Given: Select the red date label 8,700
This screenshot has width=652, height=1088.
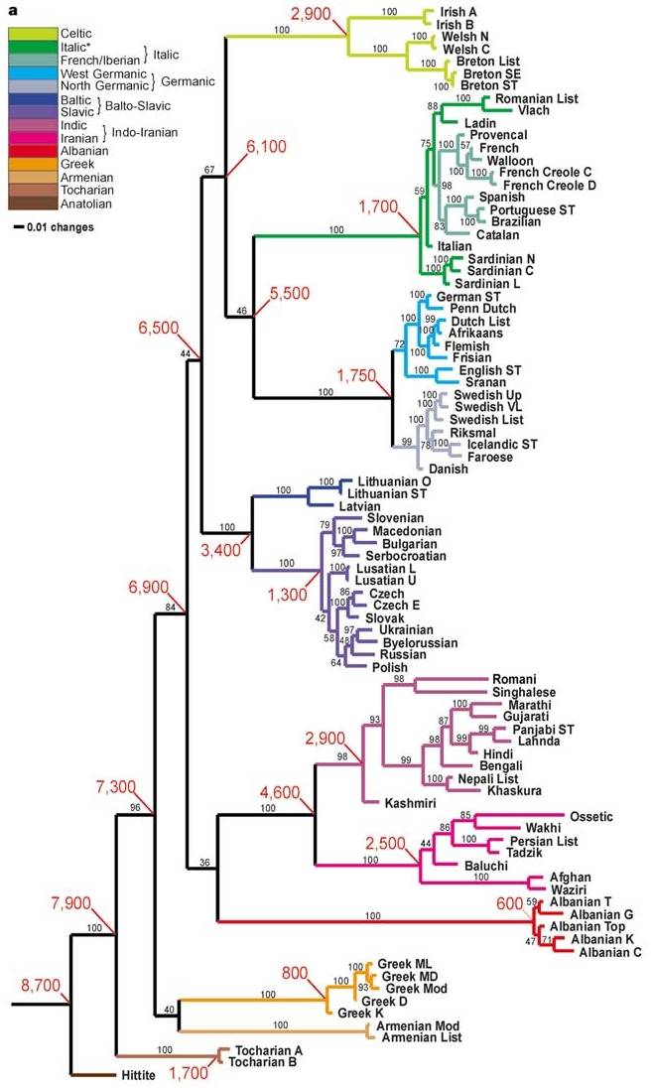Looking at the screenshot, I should [39, 986].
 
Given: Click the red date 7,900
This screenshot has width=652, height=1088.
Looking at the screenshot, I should [70, 902].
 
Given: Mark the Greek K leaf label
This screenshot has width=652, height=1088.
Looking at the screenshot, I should [359, 1013].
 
